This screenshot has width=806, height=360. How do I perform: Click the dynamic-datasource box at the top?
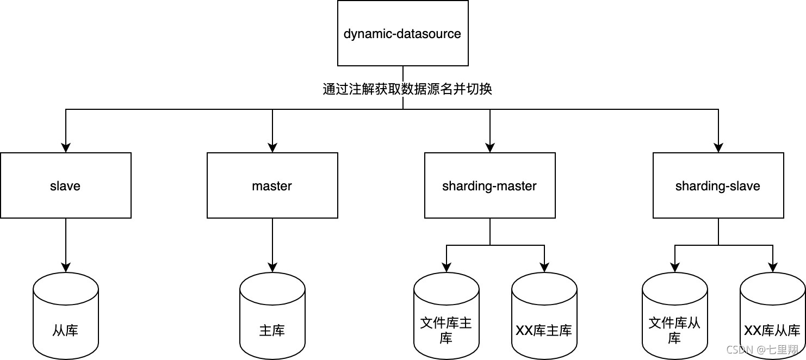click(x=402, y=34)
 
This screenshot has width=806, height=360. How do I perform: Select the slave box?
click(x=65, y=185)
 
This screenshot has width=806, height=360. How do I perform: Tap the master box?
click(x=272, y=185)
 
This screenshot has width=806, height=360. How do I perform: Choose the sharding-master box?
click(x=489, y=185)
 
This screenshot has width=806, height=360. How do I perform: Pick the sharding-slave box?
click(x=718, y=185)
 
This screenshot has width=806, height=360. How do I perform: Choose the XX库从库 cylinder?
click(x=772, y=315)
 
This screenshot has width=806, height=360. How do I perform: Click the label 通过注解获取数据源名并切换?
click(x=407, y=89)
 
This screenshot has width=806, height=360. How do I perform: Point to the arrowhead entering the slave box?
click(x=66, y=147)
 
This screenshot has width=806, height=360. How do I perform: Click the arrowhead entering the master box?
click(x=272, y=147)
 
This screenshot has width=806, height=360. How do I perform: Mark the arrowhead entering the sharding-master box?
click(x=490, y=147)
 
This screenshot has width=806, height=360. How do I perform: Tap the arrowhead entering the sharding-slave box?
click(x=718, y=147)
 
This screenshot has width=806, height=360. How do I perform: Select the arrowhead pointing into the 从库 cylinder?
click(x=66, y=267)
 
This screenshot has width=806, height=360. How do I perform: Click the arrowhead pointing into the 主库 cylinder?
click(x=272, y=267)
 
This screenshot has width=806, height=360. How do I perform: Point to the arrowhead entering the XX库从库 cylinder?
click(x=773, y=267)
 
